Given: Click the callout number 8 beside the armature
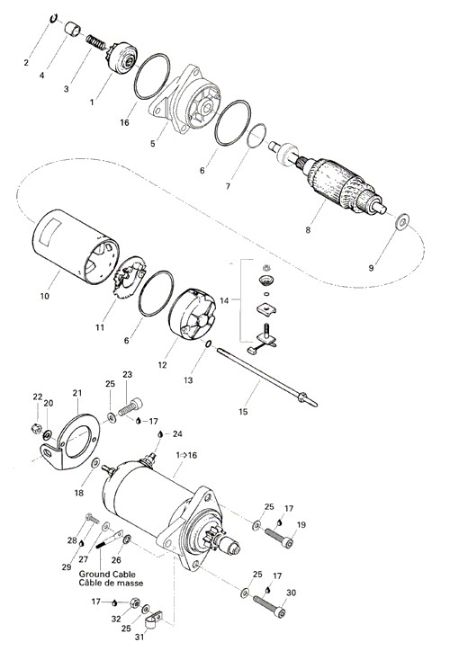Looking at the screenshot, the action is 308,229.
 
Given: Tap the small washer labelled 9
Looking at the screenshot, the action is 401,222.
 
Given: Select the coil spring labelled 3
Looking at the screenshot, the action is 97,42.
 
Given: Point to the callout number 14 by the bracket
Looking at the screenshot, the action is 224,300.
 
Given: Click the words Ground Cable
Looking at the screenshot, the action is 107,575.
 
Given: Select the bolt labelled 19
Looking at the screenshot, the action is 278,537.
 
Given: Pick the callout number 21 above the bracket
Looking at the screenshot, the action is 77,393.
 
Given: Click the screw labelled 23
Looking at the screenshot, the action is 130,406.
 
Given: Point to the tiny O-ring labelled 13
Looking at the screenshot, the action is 209,343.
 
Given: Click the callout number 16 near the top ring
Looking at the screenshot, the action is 125,122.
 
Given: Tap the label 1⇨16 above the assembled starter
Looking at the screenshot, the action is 186,455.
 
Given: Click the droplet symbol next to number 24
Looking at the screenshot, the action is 160,434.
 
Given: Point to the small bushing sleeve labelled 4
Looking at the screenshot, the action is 73,29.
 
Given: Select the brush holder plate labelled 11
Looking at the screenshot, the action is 130,277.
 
